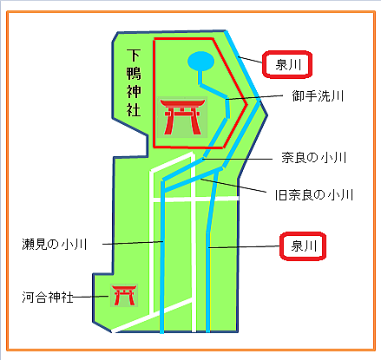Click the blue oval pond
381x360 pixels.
[200, 61]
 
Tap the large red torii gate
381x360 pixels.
[182, 117]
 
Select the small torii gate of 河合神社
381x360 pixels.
[124, 295]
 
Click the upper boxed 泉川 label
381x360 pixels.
[287, 64]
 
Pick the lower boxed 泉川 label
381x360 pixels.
[303, 246]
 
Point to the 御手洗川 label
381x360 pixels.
[318, 95]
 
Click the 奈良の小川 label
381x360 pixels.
[314, 158]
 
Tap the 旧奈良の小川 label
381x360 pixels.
[314, 195]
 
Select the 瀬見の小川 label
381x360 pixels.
[55, 245]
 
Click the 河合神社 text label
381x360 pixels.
[48, 297]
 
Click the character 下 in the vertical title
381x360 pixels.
[134, 56]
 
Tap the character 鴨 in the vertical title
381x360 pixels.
[134, 73]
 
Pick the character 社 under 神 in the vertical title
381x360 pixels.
[134, 110]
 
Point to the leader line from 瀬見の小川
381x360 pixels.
[133, 243]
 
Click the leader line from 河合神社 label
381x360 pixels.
[90, 297]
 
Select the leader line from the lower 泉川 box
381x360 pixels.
[244, 247]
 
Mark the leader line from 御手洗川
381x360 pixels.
[254, 97]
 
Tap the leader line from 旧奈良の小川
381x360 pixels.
[233, 186]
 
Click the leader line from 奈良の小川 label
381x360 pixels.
[237, 159]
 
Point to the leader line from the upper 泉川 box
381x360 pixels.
[250, 60]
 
